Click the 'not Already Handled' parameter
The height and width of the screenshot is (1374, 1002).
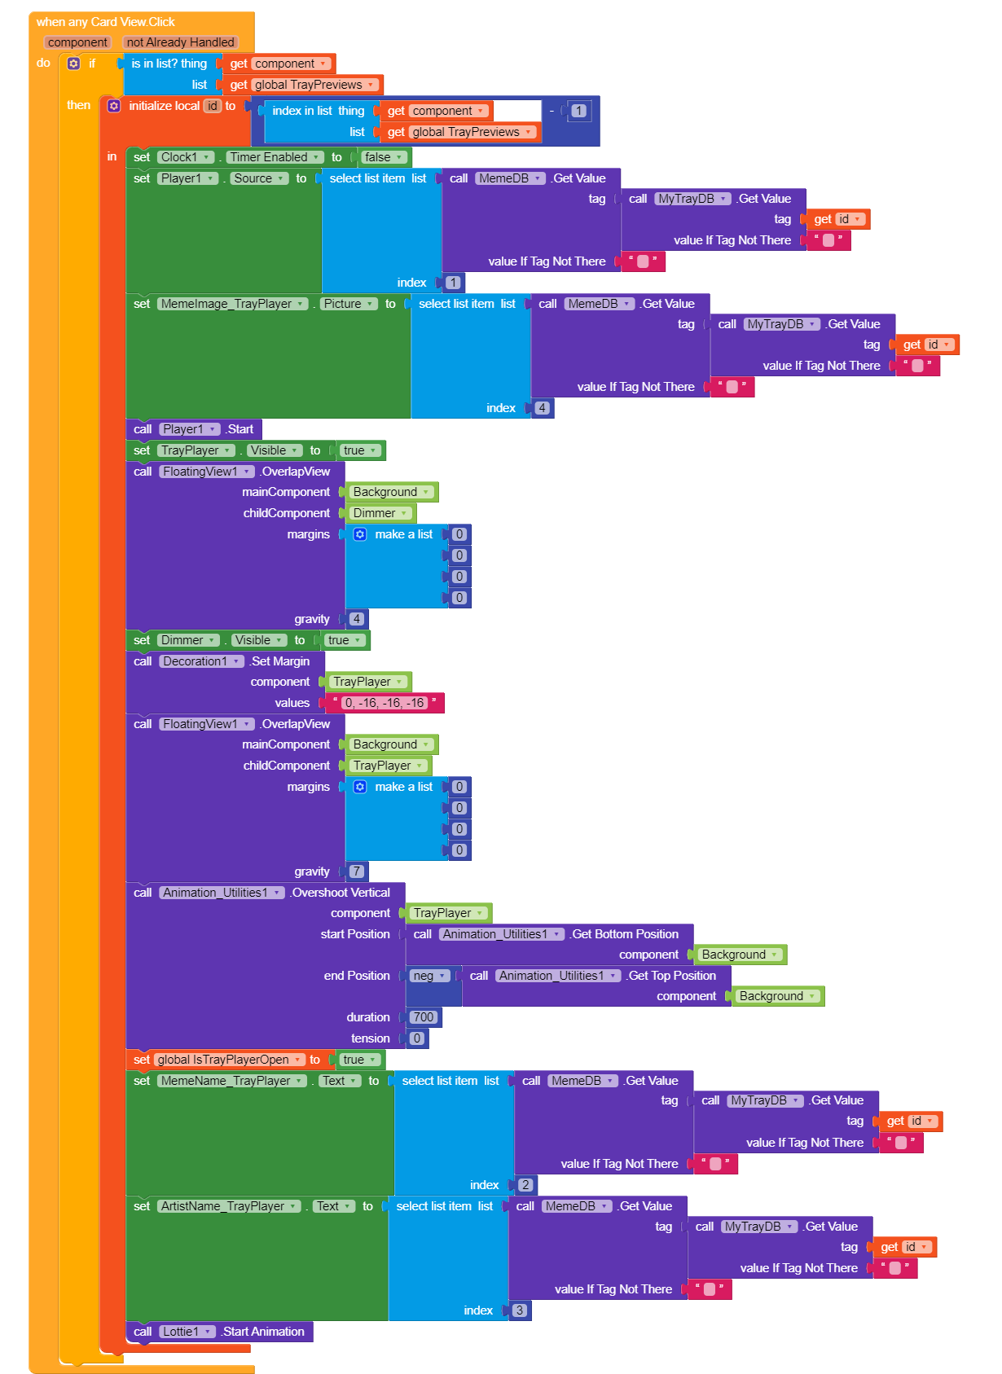(180, 42)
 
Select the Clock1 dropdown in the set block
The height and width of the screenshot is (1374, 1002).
(186, 157)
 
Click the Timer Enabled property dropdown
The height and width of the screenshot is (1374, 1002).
(275, 157)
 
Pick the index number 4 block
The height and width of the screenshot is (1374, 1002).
(542, 408)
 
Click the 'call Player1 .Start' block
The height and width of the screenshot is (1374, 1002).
(194, 429)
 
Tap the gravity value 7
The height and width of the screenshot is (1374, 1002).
(357, 871)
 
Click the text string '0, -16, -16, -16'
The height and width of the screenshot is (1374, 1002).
(385, 703)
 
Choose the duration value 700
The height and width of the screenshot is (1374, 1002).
(424, 1017)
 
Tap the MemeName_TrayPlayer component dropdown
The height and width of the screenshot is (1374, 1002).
(232, 1081)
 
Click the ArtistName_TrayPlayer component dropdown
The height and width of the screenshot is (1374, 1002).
(229, 1206)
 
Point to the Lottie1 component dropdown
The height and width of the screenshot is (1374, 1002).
(187, 1331)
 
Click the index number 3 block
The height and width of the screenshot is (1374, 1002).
(519, 1310)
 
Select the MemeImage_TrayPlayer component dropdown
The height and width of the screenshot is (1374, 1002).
(232, 304)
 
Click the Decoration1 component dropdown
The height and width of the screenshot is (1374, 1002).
(201, 661)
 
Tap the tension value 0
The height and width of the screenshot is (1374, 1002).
(417, 1038)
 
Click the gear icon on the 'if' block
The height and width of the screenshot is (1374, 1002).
(73, 64)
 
